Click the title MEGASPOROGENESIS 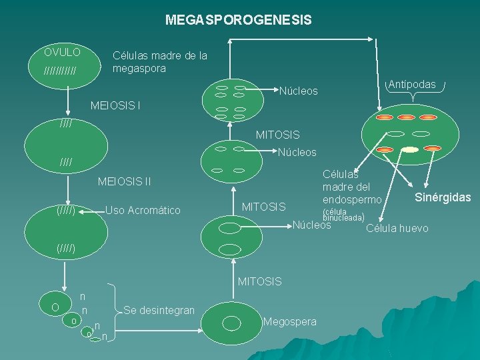tap(238, 21)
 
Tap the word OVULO tap(62, 52)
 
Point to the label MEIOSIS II tap(124, 181)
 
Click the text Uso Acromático tap(143, 211)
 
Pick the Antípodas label tap(411, 85)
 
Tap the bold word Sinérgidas tap(443, 197)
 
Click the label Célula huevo tap(397, 229)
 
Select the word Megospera tap(290, 322)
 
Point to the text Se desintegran tap(159, 311)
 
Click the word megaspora tap(139, 69)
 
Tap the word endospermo tap(352, 200)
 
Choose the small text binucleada tap(343, 218)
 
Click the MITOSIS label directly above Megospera tap(260, 281)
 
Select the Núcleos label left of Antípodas tap(298, 91)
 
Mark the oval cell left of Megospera tap(231, 323)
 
